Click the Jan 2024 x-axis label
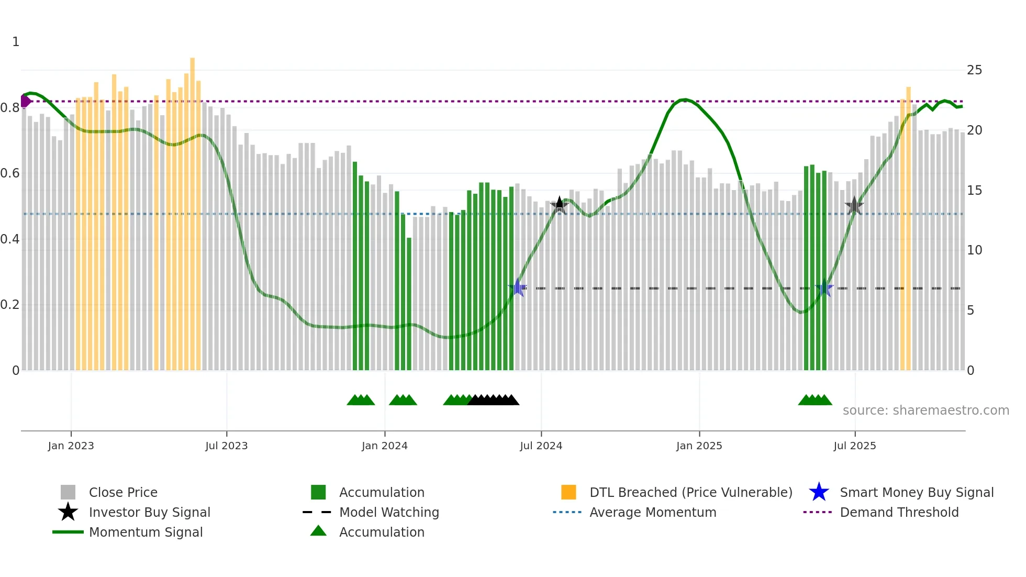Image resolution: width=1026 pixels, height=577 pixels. [x=384, y=446]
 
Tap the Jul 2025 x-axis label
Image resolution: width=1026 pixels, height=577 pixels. [x=854, y=446]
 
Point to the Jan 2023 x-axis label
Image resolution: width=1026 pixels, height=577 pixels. [x=71, y=446]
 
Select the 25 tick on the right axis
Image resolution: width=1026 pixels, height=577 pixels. [x=974, y=70]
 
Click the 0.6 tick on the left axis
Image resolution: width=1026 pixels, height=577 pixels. [x=10, y=173]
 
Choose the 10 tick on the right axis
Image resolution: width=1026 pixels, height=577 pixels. [x=974, y=250]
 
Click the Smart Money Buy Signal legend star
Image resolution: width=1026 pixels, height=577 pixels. [x=819, y=492]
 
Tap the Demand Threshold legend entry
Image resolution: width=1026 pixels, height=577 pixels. [x=899, y=512]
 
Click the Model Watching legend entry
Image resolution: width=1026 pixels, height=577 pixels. [x=388, y=512]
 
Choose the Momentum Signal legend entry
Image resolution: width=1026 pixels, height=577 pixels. [x=146, y=532]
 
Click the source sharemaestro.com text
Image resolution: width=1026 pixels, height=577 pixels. [x=925, y=410]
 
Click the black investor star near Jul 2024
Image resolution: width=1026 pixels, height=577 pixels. [x=559, y=205]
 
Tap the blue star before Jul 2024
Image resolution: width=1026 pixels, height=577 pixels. [x=517, y=287]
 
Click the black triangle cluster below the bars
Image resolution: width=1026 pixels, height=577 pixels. [x=493, y=400]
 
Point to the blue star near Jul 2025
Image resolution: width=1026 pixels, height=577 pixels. [x=824, y=287]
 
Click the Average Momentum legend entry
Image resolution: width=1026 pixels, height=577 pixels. [x=652, y=512]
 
